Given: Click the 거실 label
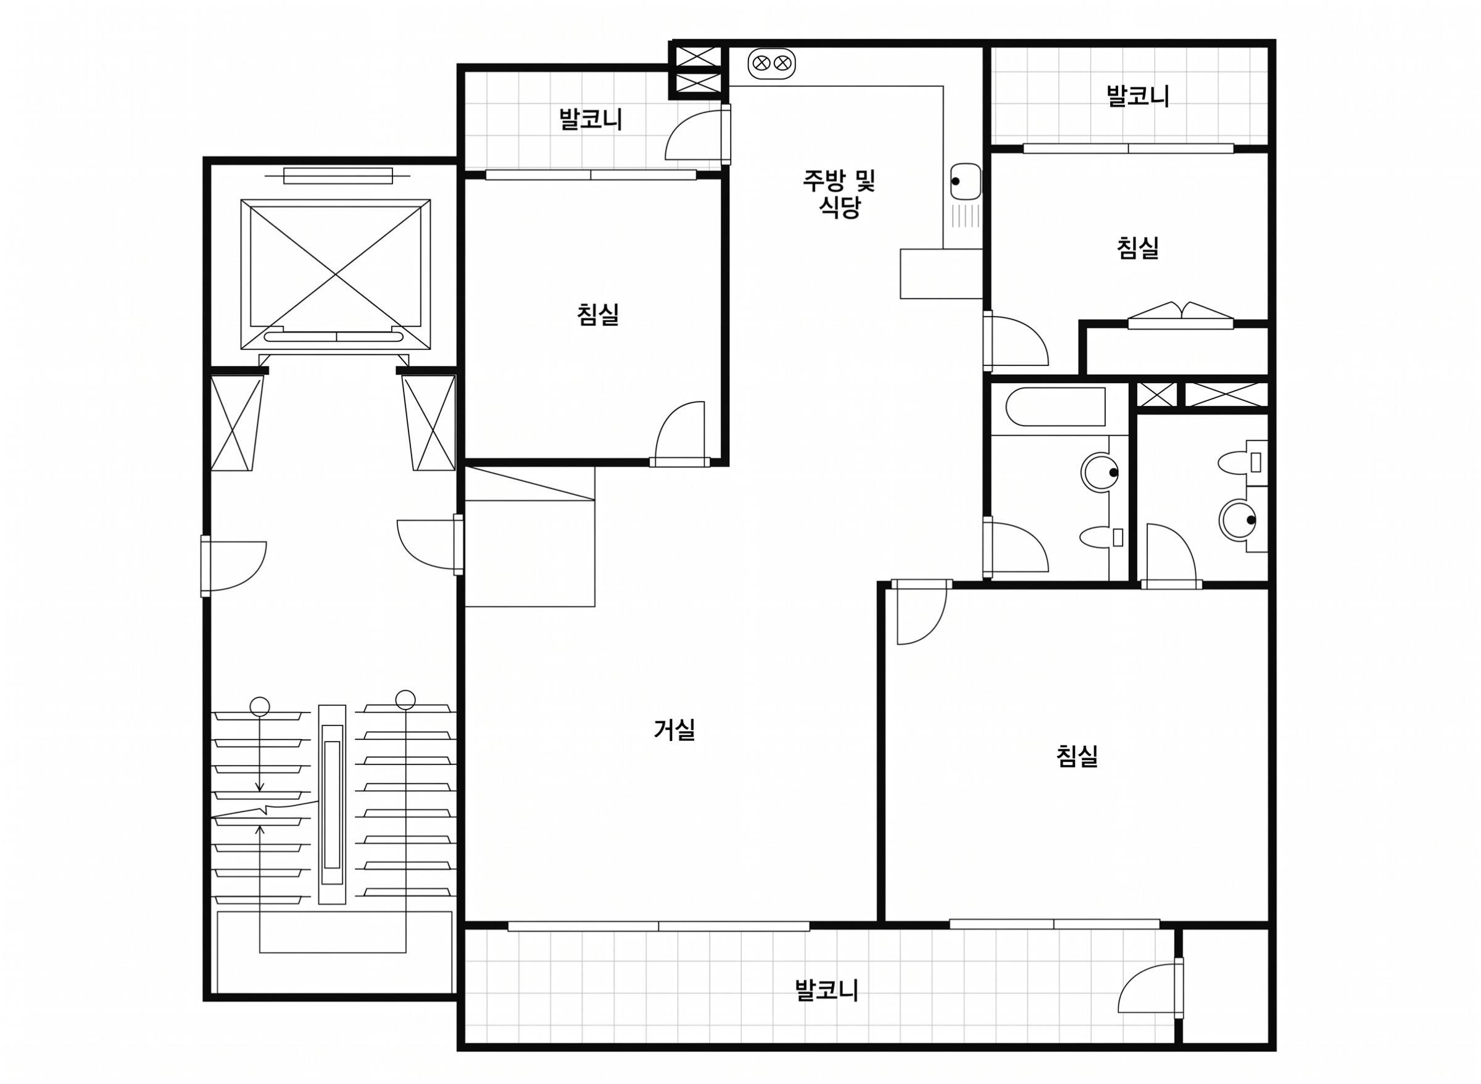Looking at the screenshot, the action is [x=674, y=730].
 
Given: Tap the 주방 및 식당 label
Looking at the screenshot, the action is [x=839, y=194].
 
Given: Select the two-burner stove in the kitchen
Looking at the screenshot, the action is [x=771, y=64].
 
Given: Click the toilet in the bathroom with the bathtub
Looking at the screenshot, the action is [x=1101, y=538].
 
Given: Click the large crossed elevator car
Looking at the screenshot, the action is [x=336, y=275].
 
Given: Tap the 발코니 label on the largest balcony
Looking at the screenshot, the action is [x=826, y=990].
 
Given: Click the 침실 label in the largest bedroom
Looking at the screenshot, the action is [x=1077, y=756].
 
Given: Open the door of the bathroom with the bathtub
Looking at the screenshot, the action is [x=1015, y=547].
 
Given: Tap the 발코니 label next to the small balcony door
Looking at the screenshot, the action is [x=591, y=120].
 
